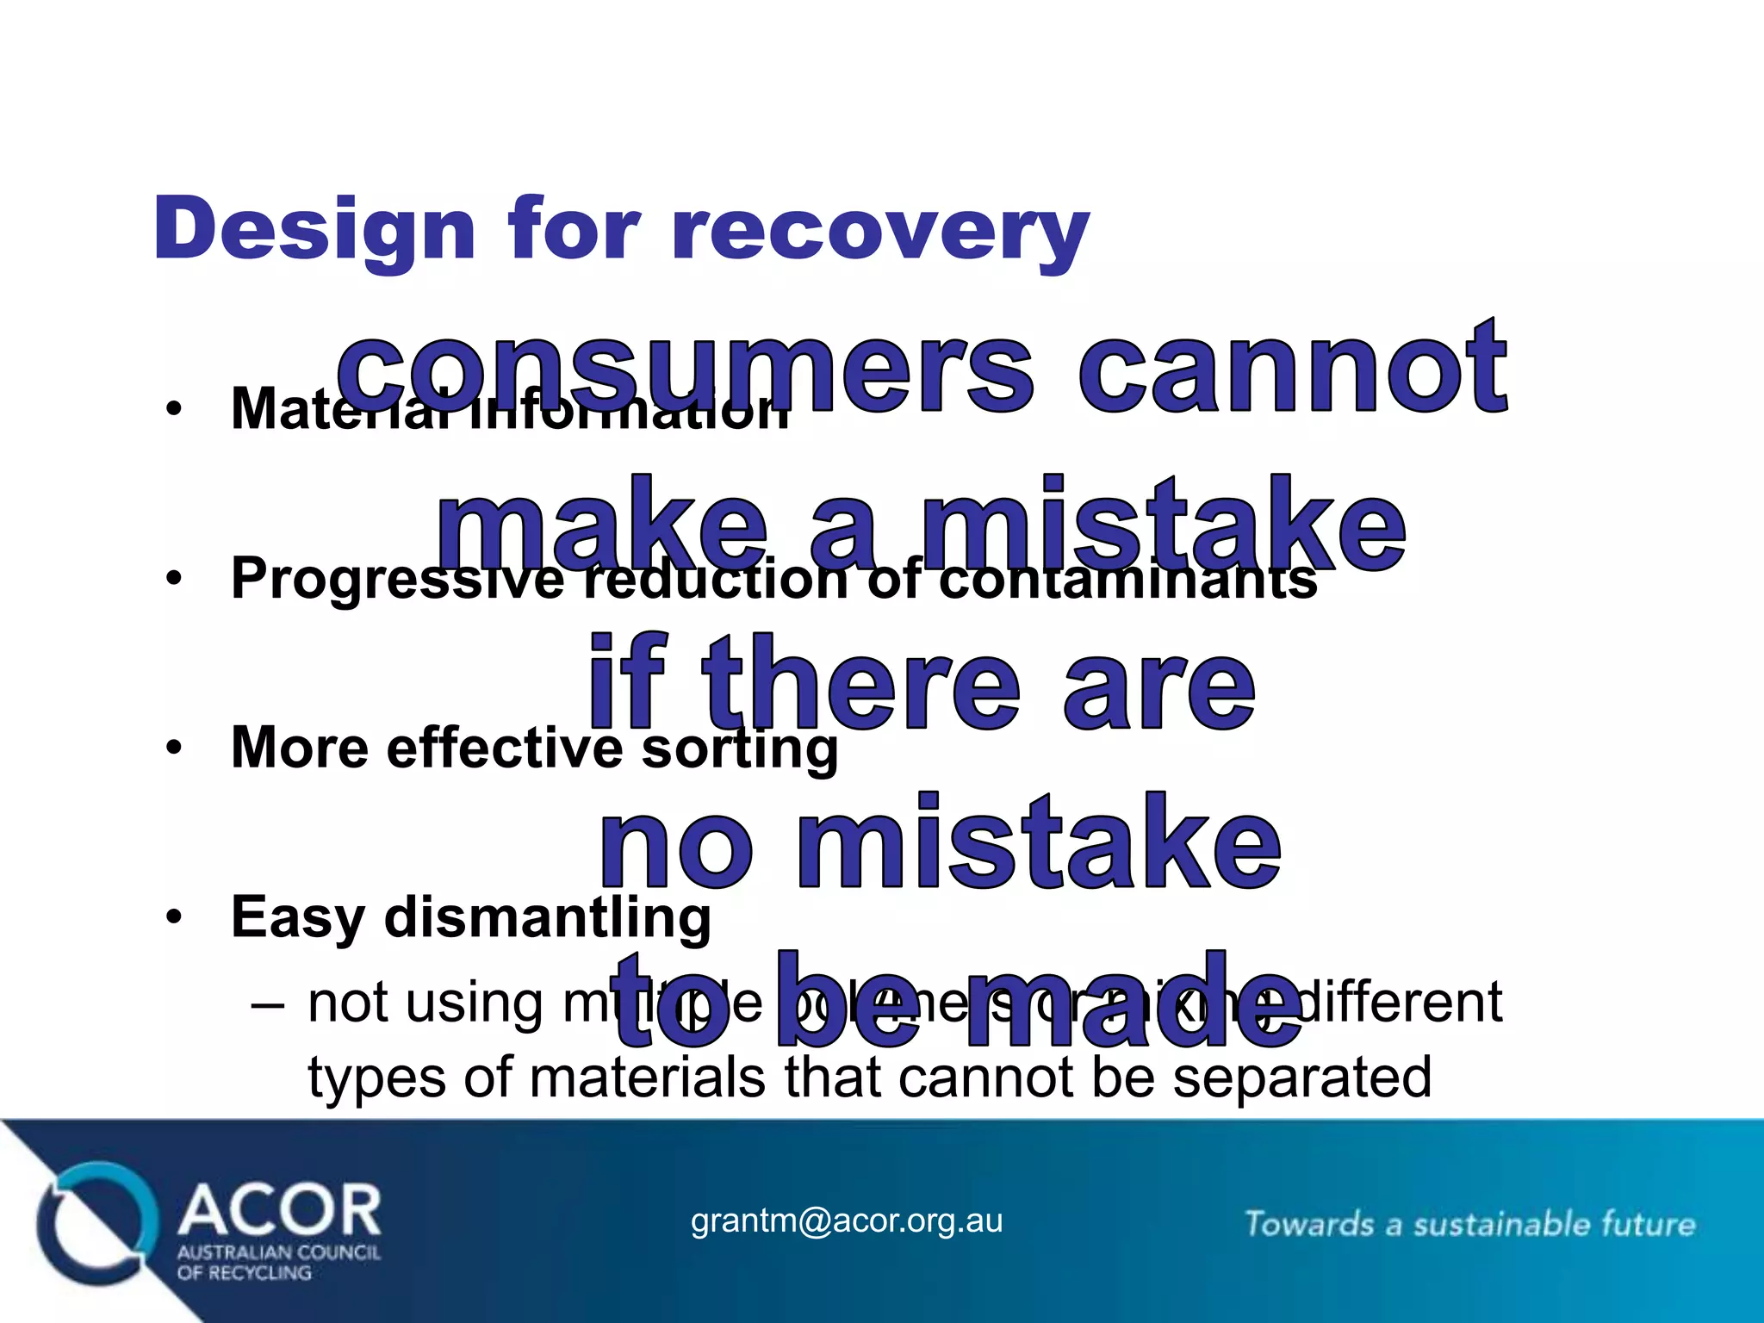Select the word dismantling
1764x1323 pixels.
pyautogui.click(x=548, y=917)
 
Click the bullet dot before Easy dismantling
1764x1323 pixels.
pyautogui.click(x=175, y=917)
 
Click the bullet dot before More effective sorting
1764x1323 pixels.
pyautogui.click(x=175, y=748)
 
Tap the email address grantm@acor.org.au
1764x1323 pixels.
pyautogui.click(x=847, y=1221)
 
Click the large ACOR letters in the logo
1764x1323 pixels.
pyautogui.click(x=280, y=1209)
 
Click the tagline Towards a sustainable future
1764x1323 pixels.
pyautogui.click(x=1469, y=1224)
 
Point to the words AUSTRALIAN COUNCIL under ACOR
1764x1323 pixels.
pyautogui.click(x=278, y=1252)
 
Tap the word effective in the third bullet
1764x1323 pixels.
pyautogui.click(x=505, y=748)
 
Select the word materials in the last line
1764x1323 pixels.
pyautogui.click(x=647, y=1078)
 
